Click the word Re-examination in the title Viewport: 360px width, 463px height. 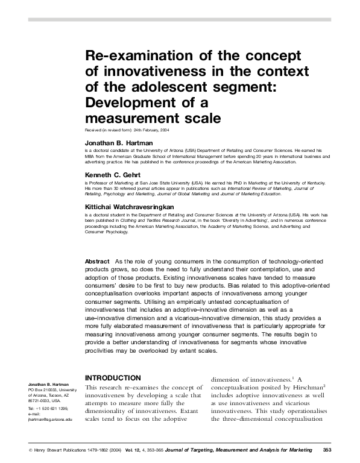[x=127, y=56]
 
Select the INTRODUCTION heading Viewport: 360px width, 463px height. [x=113, y=378]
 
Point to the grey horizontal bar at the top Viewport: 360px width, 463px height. [x=180, y=20]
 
